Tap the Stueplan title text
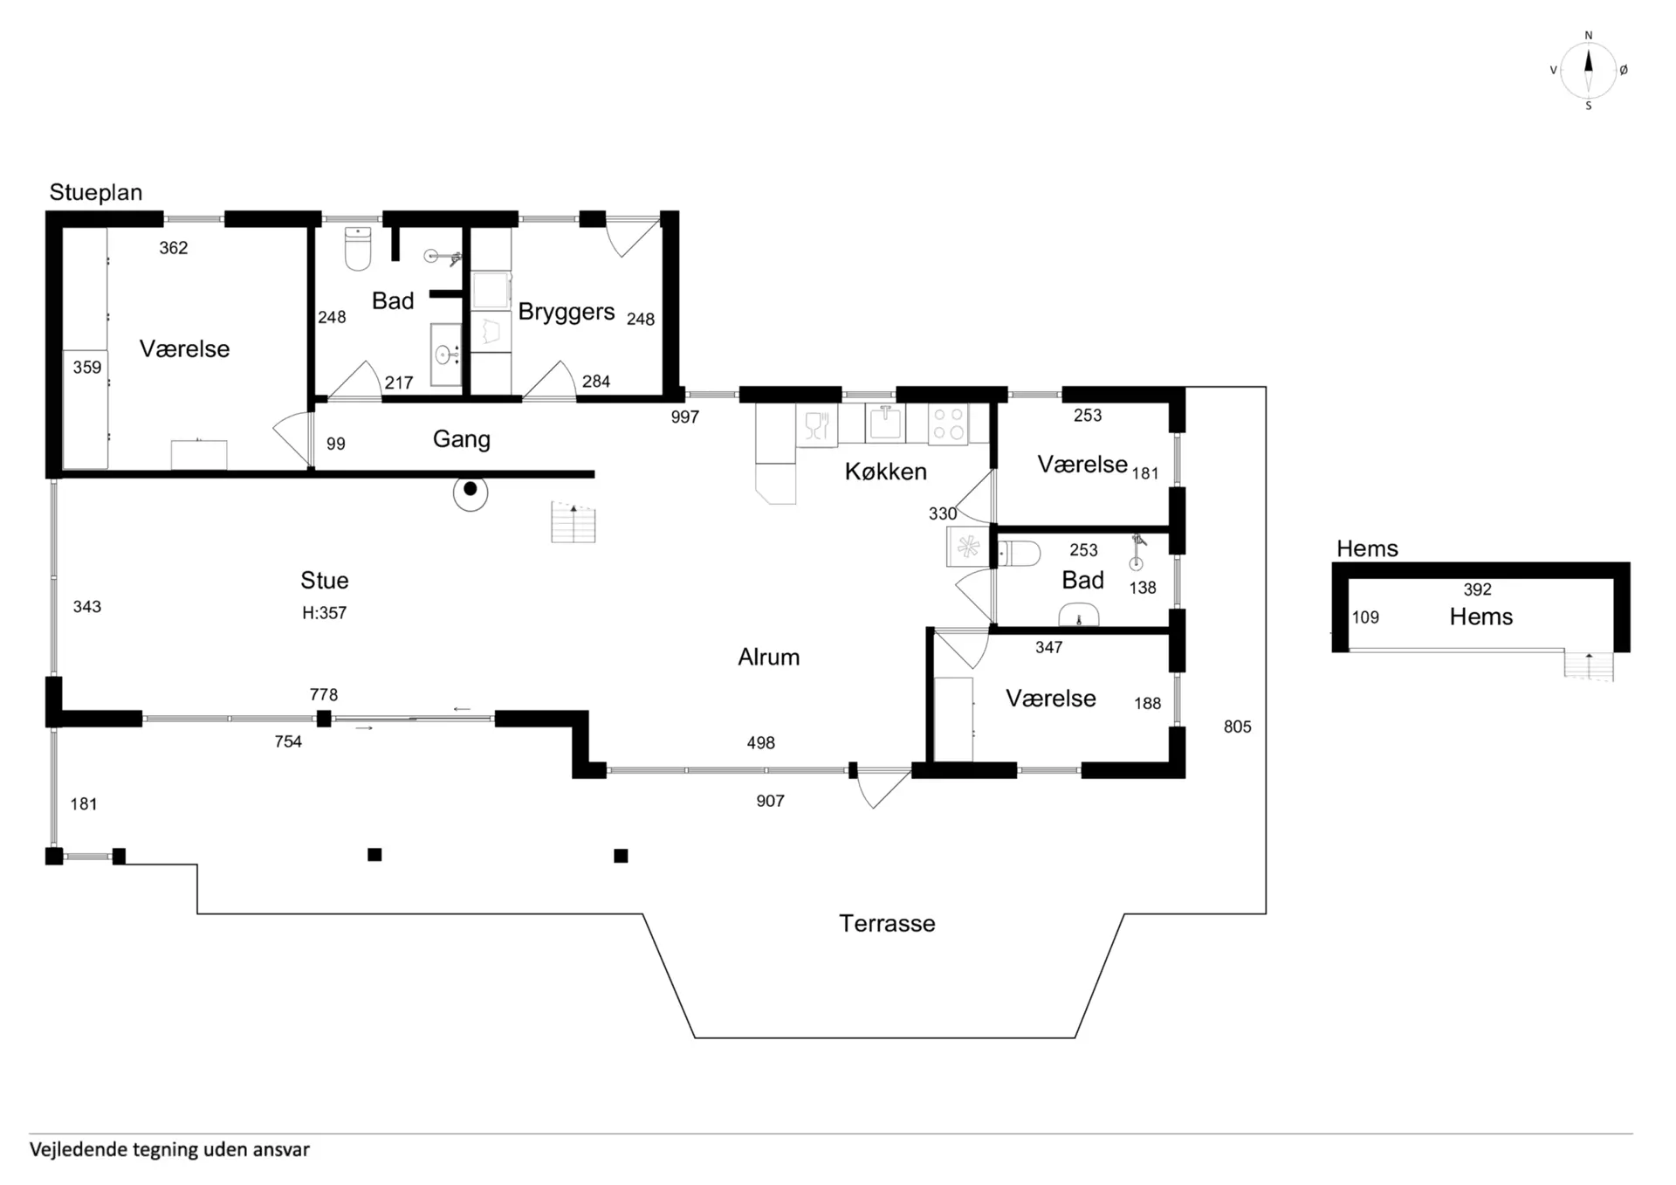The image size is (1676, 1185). pyautogui.click(x=96, y=193)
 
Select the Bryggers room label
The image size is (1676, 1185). pyautogui.click(x=567, y=313)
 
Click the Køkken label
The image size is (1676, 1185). pyautogui.click(x=885, y=472)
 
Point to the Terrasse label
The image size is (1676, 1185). pyautogui.click(x=887, y=923)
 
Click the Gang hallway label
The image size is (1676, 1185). pyautogui.click(x=462, y=439)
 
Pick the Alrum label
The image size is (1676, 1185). pyautogui.click(x=768, y=657)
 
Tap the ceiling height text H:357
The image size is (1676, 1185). pyautogui.click(x=324, y=613)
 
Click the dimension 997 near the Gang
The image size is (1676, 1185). pyautogui.click(x=685, y=417)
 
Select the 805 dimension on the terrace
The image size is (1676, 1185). pyautogui.click(x=1237, y=727)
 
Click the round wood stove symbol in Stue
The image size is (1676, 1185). pyautogui.click(x=471, y=492)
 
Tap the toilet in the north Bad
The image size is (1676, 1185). pyautogui.click(x=358, y=248)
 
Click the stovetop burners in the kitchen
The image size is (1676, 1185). pyautogui.click(x=948, y=424)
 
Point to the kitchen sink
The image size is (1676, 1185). pyautogui.click(x=885, y=423)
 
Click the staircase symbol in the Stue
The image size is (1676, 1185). pyautogui.click(x=574, y=522)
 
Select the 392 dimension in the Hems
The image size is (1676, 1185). pyautogui.click(x=1477, y=589)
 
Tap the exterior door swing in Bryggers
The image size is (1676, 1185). pyautogui.click(x=633, y=237)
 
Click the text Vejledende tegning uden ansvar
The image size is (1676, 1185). pyautogui.click(x=169, y=1149)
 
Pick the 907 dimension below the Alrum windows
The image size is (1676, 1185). pyautogui.click(x=770, y=801)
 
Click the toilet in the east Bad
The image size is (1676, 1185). pyautogui.click(x=1019, y=554)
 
